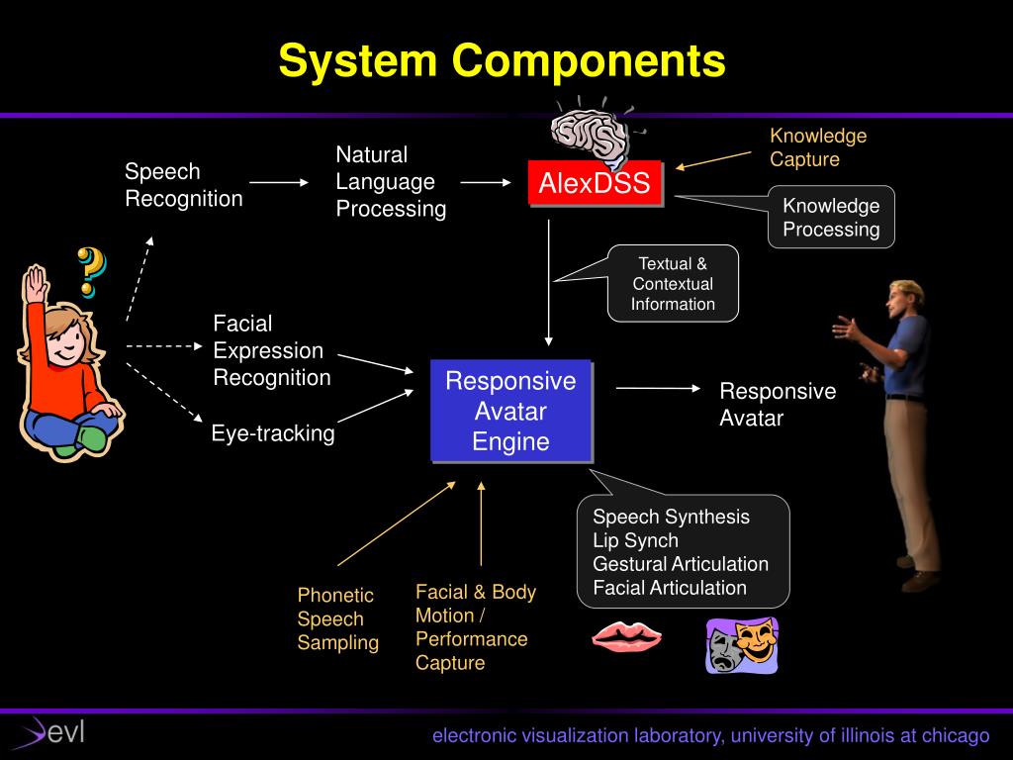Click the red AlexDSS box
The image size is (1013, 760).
[595, 183]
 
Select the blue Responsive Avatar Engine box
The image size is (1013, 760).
[511, 411]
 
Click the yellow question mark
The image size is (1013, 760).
[91, 271]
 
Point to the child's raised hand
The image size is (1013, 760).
[36, 282]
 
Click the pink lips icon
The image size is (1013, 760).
[626, 636]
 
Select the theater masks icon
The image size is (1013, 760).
[742, 645]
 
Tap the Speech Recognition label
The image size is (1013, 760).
[183, 185]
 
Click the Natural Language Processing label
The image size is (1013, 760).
[391, 182]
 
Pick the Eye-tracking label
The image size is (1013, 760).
[273, 433]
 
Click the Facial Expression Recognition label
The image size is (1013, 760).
[272, 350]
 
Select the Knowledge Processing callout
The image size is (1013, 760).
[831, 217]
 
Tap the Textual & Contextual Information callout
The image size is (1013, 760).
[673, 284]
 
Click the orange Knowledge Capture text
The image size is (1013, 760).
[818, 147]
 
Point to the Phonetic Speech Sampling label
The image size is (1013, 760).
[338, 618]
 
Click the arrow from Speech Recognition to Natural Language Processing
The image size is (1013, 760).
[279, 183]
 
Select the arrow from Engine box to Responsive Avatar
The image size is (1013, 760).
[658, 388]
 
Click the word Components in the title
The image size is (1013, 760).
[589, 61]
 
